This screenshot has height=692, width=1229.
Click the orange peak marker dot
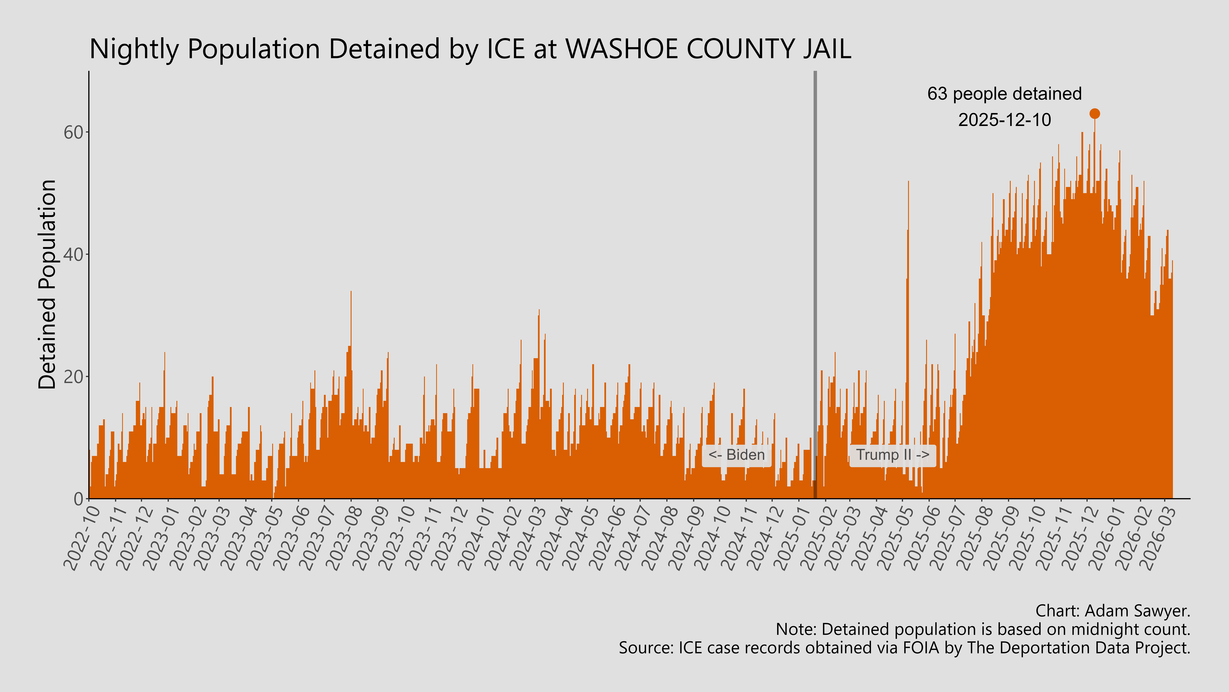pyautogui.click(x=1094, y=114)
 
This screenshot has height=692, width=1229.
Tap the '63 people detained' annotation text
pyautogui.click(x=1004, y=94)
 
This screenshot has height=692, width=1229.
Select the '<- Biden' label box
pyautogui.click(x=736, y=455)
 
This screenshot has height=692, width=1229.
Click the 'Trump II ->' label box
pyautogui.click(x=892, y=455)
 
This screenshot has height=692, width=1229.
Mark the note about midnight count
pyautogui.click(x=983, y=629)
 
